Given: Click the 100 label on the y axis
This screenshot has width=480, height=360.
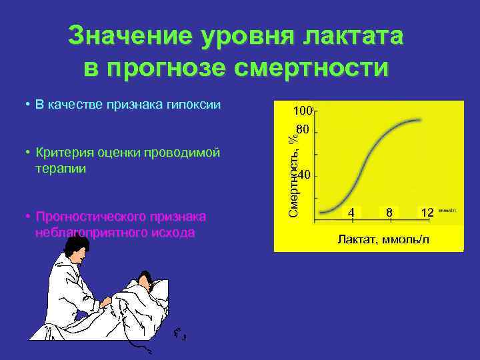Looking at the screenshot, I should [303, 109].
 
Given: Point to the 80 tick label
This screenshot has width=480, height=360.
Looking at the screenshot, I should [303, 129].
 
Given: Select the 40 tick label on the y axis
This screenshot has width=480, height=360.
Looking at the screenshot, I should [303, 175].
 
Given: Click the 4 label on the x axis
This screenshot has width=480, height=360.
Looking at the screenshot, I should [351, 212].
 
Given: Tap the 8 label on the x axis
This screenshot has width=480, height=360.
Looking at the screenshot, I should [388, 212].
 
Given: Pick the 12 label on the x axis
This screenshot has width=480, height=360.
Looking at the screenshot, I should [427, 212].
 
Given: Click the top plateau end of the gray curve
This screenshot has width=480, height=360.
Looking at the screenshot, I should [421, 120].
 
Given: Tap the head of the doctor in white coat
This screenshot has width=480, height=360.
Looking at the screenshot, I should [75, 252].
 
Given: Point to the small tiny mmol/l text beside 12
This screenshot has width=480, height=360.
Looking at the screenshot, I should [447, 209].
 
